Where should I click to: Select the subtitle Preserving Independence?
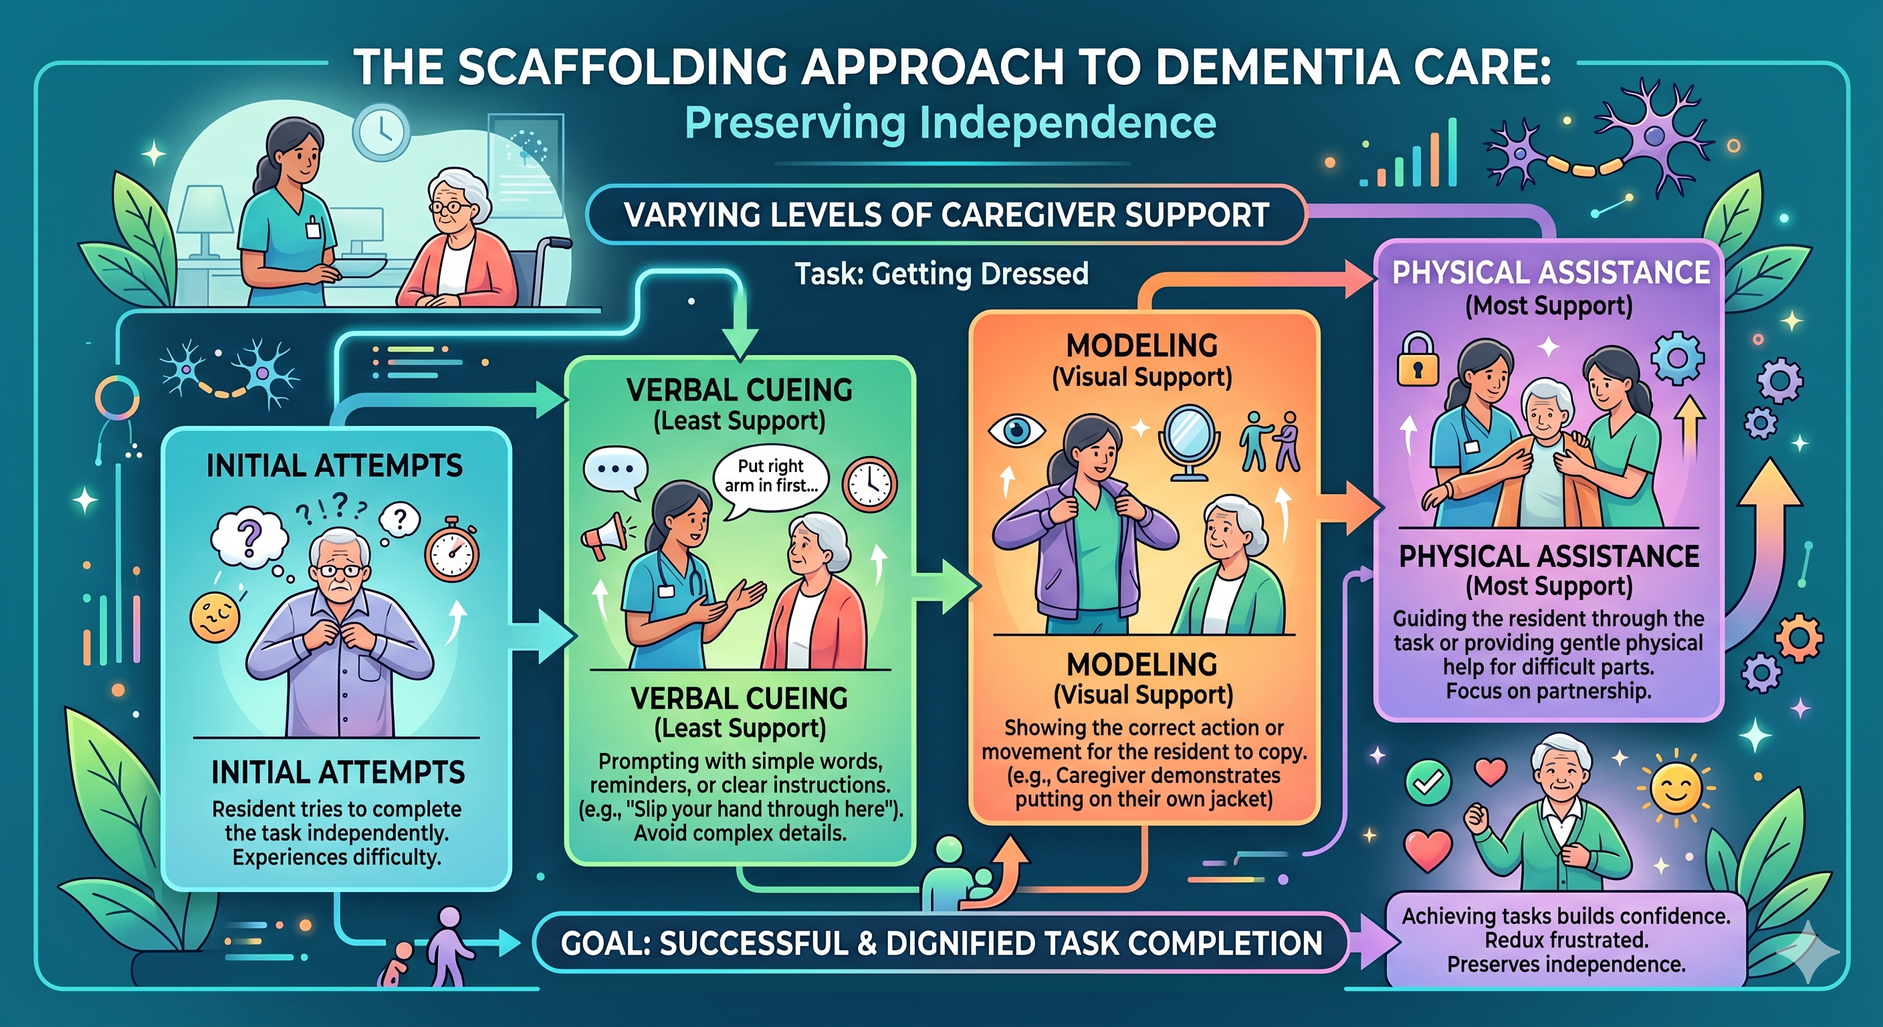[950, 123]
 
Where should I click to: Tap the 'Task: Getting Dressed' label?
[941, 274]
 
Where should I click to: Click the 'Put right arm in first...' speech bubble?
[770, 476]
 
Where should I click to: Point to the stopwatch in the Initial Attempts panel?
[452, 550]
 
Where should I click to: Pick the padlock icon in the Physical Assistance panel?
[1418, 359]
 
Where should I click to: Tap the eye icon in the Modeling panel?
[1016, 429]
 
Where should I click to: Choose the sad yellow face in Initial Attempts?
[214, 614]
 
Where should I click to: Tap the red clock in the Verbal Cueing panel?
[869, 483]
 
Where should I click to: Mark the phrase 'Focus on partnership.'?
[1548, 691]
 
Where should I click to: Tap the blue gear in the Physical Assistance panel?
[1678, 358]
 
